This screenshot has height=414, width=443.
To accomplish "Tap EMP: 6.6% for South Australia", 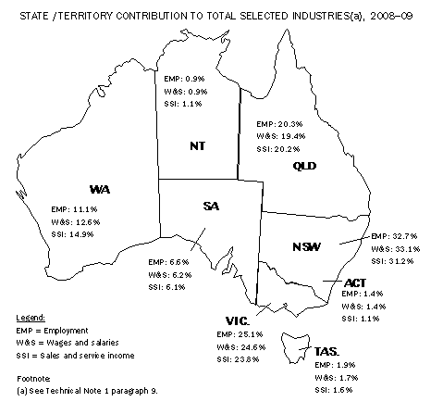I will (x=172, y=263).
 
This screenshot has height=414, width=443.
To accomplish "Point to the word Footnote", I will (x=36, y=378).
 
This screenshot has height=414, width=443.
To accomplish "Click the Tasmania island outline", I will (x=301, y=349).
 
